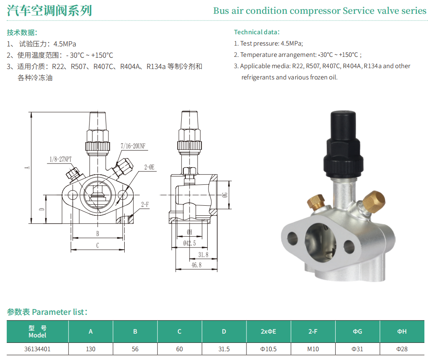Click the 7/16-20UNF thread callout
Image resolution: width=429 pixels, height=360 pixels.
coord(133,146)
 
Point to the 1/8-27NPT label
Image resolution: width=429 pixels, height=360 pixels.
coord(60,159)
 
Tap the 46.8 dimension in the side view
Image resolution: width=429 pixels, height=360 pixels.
coord(196,265)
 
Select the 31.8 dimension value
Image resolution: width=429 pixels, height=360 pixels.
coord(203,255)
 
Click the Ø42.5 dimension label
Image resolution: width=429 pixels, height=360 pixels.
coord(189,243)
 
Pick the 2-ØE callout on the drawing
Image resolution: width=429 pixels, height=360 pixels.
coord(149,167)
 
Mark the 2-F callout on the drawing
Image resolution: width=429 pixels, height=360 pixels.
coord(145,204)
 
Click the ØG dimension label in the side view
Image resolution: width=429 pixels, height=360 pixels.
coord(225,195)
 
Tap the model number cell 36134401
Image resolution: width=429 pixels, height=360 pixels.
coord(38,349)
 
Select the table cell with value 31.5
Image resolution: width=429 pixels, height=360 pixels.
coord(224,349)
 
